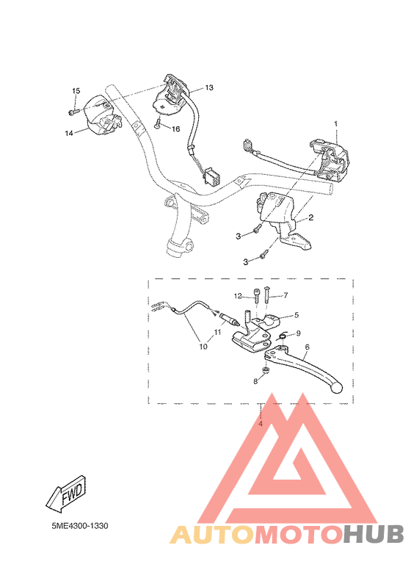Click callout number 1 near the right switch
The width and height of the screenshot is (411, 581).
(336, 123)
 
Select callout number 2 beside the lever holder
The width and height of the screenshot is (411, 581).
(310, 217)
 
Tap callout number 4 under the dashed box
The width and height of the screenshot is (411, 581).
(260, 424)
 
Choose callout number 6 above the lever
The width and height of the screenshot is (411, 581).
(306, 347)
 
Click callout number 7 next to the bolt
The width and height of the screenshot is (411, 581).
(285, 295)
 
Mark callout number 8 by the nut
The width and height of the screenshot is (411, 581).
(255, 380)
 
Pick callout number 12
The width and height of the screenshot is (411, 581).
(238, 296)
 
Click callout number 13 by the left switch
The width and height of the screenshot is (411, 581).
(209, 87)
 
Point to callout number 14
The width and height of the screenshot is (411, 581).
(68, 133)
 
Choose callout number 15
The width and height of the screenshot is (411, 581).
(75, 90)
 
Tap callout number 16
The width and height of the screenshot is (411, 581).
(175, 129)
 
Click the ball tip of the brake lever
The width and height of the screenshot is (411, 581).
(338, 386)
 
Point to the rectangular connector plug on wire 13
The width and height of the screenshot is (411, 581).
(213, 178)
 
